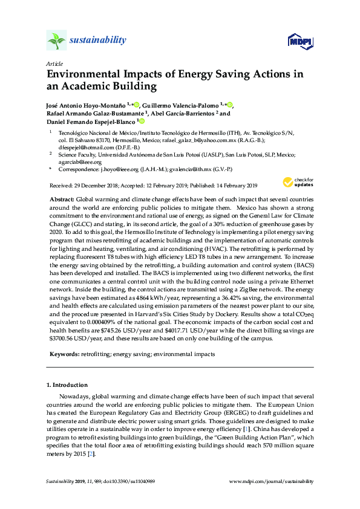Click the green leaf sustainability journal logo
coord(56,41)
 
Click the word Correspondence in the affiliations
coord(77,170)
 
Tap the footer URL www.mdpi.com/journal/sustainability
coord(273,482)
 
